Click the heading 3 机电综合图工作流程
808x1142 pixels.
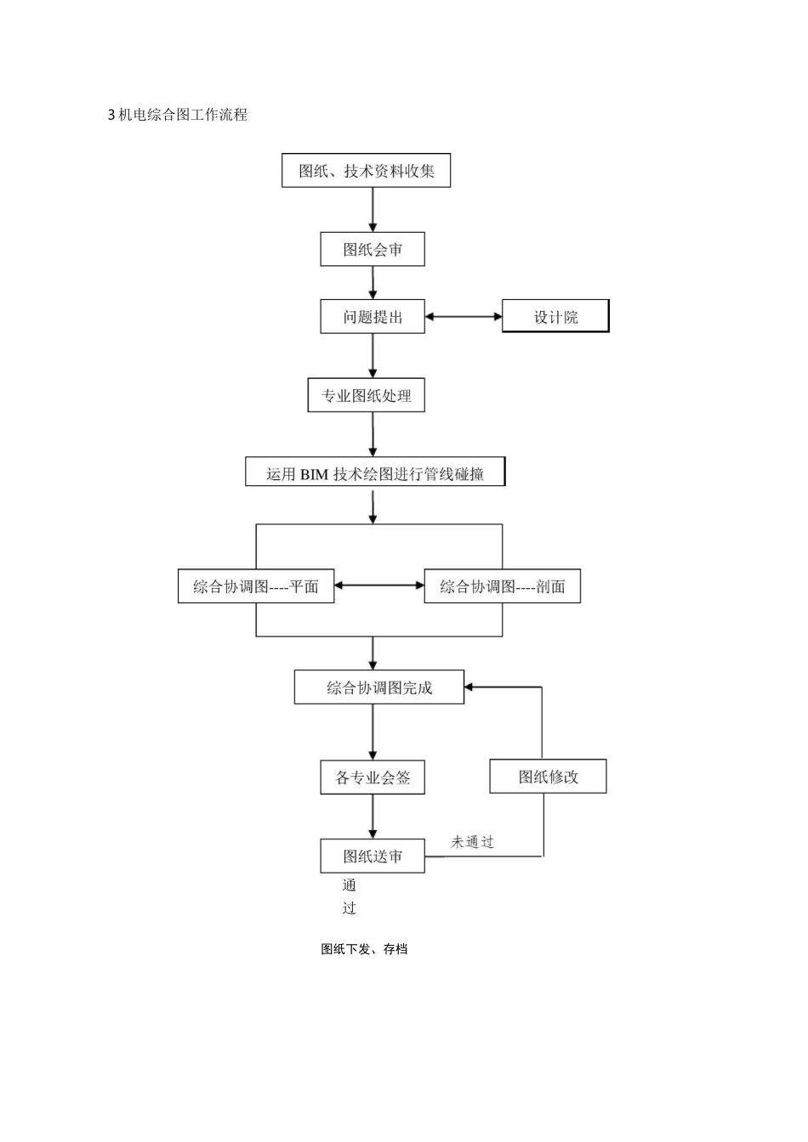pyautogui.click(x=178, y=115)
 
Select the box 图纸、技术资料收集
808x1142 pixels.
pyautogui.click(x=366, y=170)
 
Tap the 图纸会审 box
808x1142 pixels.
pyautogui.click(x=373, y=249)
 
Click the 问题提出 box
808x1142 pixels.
pyautogui.click(x=373, y=317)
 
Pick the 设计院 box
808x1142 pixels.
pyautogui.click(x=556, y=317)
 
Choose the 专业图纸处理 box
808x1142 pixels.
pyautogui.click(x=366, y=395)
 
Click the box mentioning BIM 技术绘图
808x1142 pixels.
pyautogui.click(x=375, y=472)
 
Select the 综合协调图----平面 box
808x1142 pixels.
pyautogui.click(x=256, y=586)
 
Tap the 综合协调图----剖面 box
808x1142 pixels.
pyautogui.click(x=503, y=586)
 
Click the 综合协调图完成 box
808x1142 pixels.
pyautogui.click(x=379, y=687)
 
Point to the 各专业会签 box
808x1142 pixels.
pyautogui.click(x=373, y=777)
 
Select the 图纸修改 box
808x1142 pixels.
pyautogui.click(x=549, y=776)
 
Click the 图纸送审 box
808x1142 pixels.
pyautogui.click(x=373, y=856)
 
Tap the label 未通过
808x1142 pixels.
pyautogui.click(x=473, y=842)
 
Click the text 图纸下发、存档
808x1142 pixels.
pyautogui.click(x=364, y=949)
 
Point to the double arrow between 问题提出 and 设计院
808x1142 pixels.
pyautogui.click(x=464, y=317)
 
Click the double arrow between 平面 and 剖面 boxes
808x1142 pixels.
pyautogui.click(x=379, y=585)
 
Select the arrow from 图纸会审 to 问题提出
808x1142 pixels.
pyautogui.click(x=373, y=282)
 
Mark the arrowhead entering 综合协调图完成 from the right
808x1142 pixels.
pyautogui.click(x=469, y=687)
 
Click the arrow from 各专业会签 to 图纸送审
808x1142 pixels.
pyautogui.click(x=373, y=817)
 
